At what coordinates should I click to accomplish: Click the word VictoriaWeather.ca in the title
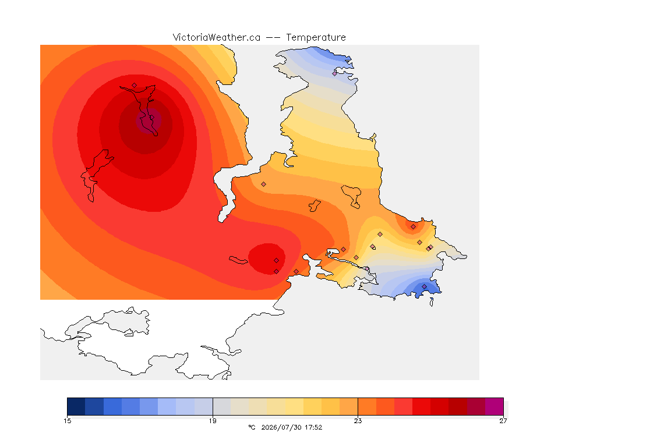pos(217,38)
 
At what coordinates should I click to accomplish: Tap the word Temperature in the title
pos(316,38)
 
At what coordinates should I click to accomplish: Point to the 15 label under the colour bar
pos(67,421)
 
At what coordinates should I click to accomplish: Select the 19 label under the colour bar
pos(213,421)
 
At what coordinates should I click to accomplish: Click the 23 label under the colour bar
pos(358,421)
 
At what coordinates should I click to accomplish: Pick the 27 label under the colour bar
pos(503,421)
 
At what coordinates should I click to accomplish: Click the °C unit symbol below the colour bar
pos(252,427)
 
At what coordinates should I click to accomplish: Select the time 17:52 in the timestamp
pos(313,427)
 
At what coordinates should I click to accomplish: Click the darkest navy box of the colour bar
pos(76,406)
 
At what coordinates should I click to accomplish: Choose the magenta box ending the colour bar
pos(495,406)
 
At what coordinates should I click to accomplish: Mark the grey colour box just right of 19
pos(222,406)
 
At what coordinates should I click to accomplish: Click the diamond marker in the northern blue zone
pos(335,73)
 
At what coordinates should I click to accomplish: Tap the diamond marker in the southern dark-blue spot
pos(424,286)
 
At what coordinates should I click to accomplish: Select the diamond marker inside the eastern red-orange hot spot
pos(413,227)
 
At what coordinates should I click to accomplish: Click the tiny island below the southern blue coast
pos(432,302)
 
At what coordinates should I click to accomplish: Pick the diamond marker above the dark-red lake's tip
pos(135,85)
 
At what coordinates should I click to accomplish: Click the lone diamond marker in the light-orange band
pos(264,185)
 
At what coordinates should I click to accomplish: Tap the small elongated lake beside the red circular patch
pos(238,260)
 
